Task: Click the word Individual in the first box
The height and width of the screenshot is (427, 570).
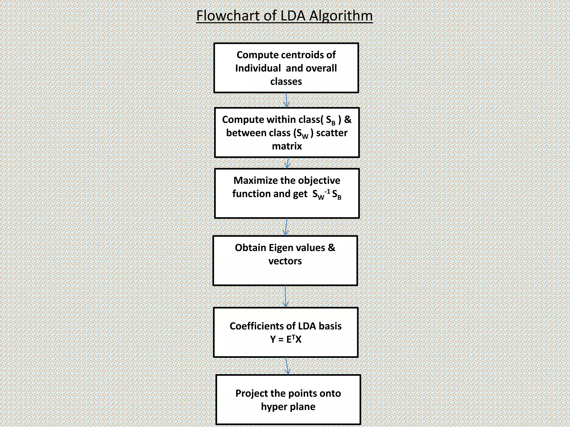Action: [x=258, y=68]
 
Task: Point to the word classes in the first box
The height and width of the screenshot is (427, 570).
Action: [x=286, y=81]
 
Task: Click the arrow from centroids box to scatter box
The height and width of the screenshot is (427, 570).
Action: [x=287, y=100]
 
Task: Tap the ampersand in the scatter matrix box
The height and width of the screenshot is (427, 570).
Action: [x=348, y=119]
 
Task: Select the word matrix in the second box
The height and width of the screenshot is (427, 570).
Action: [x=287, y=146]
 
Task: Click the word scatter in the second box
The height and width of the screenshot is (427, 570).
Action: [x=332, y=133]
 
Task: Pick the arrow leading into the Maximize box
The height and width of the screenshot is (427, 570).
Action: [x=288, y=163]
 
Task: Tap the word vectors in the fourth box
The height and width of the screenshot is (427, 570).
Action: [x=285, y=261]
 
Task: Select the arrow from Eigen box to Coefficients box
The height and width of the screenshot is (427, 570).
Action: [x=285, y=296]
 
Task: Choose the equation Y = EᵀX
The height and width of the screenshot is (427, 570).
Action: [x=286, y=339]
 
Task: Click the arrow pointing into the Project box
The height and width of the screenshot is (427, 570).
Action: [x=287, y=366]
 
